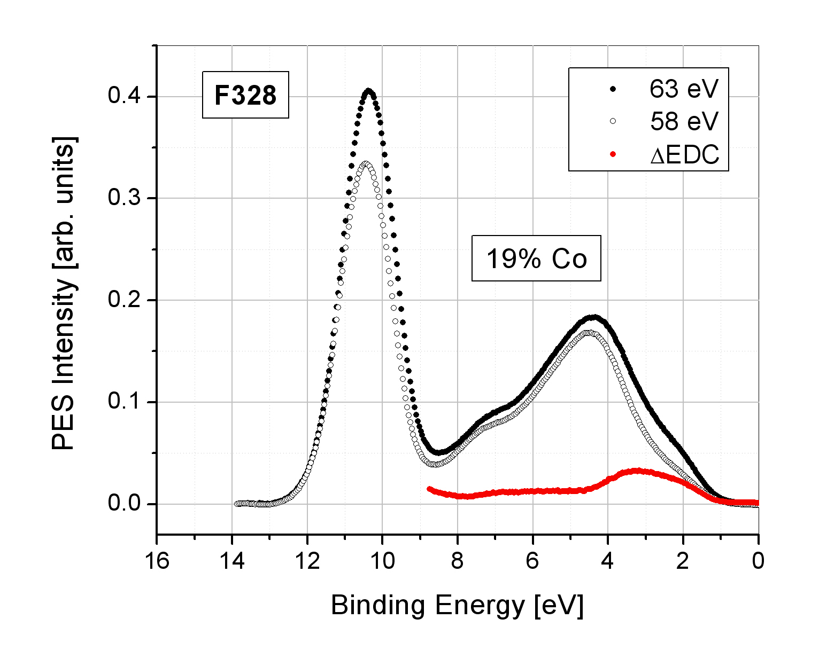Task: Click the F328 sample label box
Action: pyautogui.click(x=245, y=95)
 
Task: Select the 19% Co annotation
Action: pyautogui.click(x=536, y=258)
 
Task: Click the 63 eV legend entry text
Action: pyautogui.click(x=684, y=89)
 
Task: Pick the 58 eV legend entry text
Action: pyautogui.click(x=684, y=122)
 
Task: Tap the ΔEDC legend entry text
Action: pyautogui.click(x=684, y=155)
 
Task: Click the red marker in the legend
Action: pyautogui.click(x=613, y=154)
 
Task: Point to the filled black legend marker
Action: pyautogui.click(x=613, y=89)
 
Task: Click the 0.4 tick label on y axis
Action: pyautogui.click(x=125, y=97)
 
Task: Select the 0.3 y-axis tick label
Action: pyautogui.click(x=125, y=198)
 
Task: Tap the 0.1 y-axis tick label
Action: pyautogui.click(x=125, y=402)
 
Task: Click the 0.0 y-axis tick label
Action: pyautogui.click(x=125, y=504)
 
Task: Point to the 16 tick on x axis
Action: pyautogui.click(x=157, y=561)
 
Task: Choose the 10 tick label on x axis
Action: pyautogui.click(x=382, y=561)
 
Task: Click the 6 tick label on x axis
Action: pyautogui.click(x=532, y=561)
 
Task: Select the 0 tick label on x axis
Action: pyautogui.click(x=758, y=561)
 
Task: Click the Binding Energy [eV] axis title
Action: pyautogui.click(x=457, y=606)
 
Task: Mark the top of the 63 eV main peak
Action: pyautogui.click(x=369, y=91)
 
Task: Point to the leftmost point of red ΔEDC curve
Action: pyautogui.click(x=429, y=489)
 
